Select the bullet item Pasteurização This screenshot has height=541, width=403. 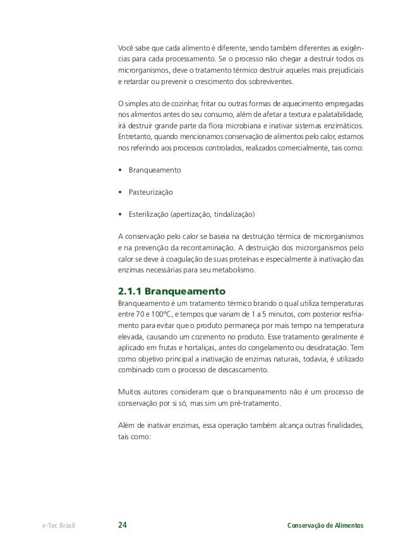pyautogui.click(x=152, y=191)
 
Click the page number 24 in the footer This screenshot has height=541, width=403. pyautogui.click(x=123, y=525)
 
